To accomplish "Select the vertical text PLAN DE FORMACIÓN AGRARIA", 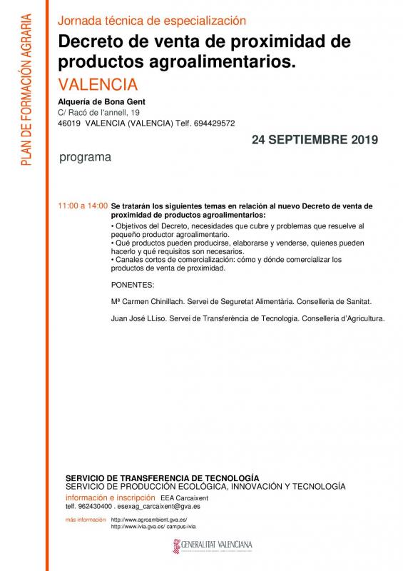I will click(x=26, y=89).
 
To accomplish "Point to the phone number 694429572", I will click(x=213, y=122).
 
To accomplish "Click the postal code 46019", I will click(x=69, y=122).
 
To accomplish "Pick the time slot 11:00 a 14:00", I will click(x=83, y=206).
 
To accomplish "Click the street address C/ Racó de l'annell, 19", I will click(x=98, y=112).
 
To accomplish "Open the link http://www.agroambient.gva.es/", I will click(x=148, y=520).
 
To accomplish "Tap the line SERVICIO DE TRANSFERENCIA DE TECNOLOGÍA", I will click(x=162, y=477).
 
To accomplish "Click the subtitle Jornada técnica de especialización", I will click(x=151, y=21).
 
